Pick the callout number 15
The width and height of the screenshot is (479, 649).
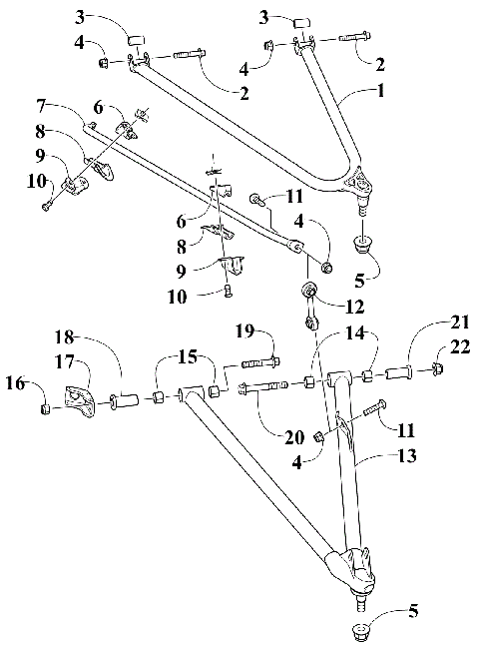[187, 356]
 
